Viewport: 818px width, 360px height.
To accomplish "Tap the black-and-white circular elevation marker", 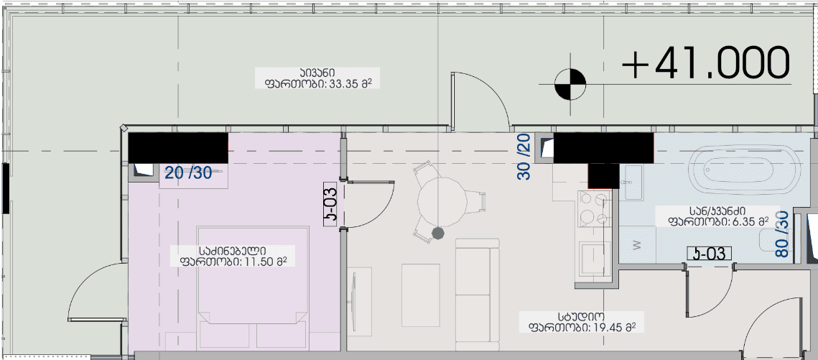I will (x=571, y=83).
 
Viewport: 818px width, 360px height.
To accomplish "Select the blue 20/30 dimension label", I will (x=188, y=172).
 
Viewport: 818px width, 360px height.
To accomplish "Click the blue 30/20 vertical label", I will (x=524, y=157).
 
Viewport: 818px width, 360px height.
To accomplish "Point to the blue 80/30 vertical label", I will (x=783, y=234).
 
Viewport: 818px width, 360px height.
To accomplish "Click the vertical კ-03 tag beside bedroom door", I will (x=331, y=205).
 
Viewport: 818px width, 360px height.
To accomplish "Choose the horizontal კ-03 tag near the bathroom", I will (x=709, y=253).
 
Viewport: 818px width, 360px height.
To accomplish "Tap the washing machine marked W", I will (x=636, y=244).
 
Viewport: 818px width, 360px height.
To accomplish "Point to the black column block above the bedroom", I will (x=177, y=147).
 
